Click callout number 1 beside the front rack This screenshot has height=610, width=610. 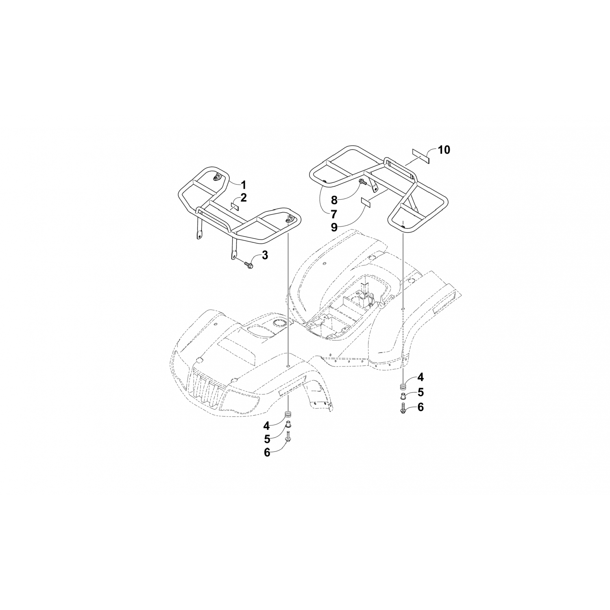[x=243, y=185]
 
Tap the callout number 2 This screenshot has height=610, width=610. [x=243, y=198]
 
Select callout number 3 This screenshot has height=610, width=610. [x=264, y=255]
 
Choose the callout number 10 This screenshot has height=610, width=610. [x=444, y=150]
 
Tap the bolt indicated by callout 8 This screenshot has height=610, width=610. [x=363, y=183]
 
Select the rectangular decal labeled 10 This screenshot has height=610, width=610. [x=421, y=155]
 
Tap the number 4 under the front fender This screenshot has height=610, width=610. [x=267, y=426]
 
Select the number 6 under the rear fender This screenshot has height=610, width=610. [x=420, y=407]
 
